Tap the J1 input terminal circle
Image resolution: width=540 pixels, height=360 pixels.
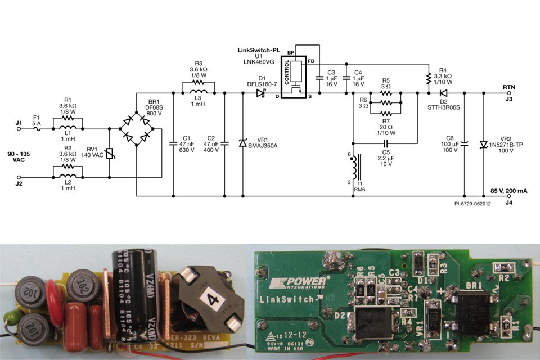click(19, 129)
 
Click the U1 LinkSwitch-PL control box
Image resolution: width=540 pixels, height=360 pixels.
click(298, 76)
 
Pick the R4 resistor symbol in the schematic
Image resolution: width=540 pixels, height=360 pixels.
click(429, 76)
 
